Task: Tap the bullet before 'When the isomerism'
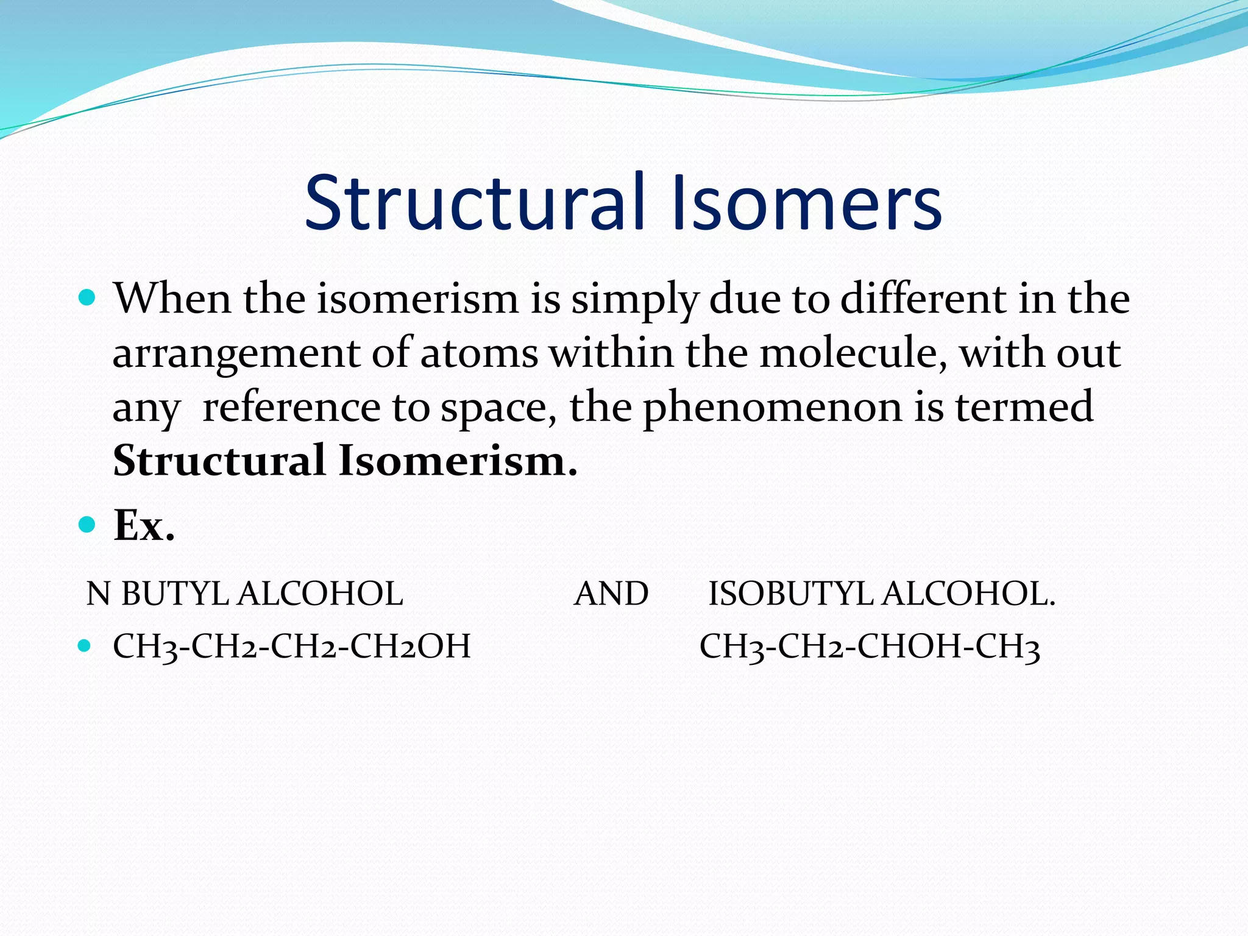pyautogui.click(x=88, y=298)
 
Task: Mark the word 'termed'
pyautogui.click(x=1024, y=407)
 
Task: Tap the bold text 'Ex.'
pyautogui.click(x=144, y=525)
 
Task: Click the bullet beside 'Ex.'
pyautogui.click(x=88, y=524)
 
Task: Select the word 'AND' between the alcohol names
pyautogui.click(x=611, y=594)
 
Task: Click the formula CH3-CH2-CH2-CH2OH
pyautogui.click(x=292, y=647)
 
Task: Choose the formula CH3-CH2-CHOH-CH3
pyautogui.click(x=870, y=647)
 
